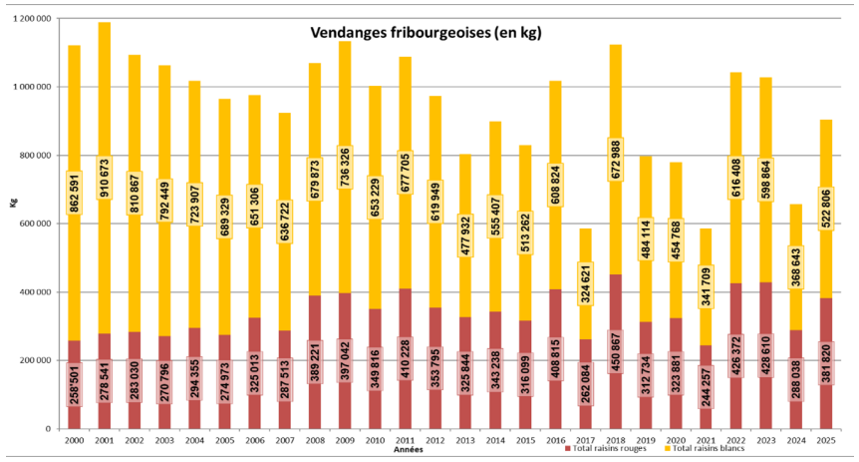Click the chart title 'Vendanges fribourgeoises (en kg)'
point(427,33)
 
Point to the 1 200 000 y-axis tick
point(31,18)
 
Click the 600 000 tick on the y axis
point(35,224)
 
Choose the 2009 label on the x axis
point(345,440)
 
